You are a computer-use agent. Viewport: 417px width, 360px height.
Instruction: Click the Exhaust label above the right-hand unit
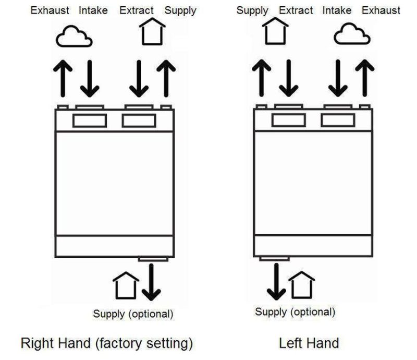(x=50, y=10)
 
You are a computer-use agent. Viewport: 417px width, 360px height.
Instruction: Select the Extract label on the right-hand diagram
(x=136, y=10)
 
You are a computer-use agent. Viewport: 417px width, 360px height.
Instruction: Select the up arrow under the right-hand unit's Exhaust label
(x=64, y=79)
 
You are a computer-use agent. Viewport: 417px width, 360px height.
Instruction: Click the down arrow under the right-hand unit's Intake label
(x=90, y=79)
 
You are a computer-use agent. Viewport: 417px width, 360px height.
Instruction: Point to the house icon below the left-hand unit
(x=301, y=284)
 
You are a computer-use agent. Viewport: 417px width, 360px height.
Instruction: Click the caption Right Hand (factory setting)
(x=107, y=343)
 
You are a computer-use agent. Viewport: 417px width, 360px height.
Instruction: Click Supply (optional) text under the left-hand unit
(x=295, y=312)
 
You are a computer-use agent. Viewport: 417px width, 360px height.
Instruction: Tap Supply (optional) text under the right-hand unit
(x=132, y=314)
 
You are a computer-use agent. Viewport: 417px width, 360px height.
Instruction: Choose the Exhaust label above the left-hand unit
(x=382, y=10)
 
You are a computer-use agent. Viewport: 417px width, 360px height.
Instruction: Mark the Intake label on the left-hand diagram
(x=337, y=10)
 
